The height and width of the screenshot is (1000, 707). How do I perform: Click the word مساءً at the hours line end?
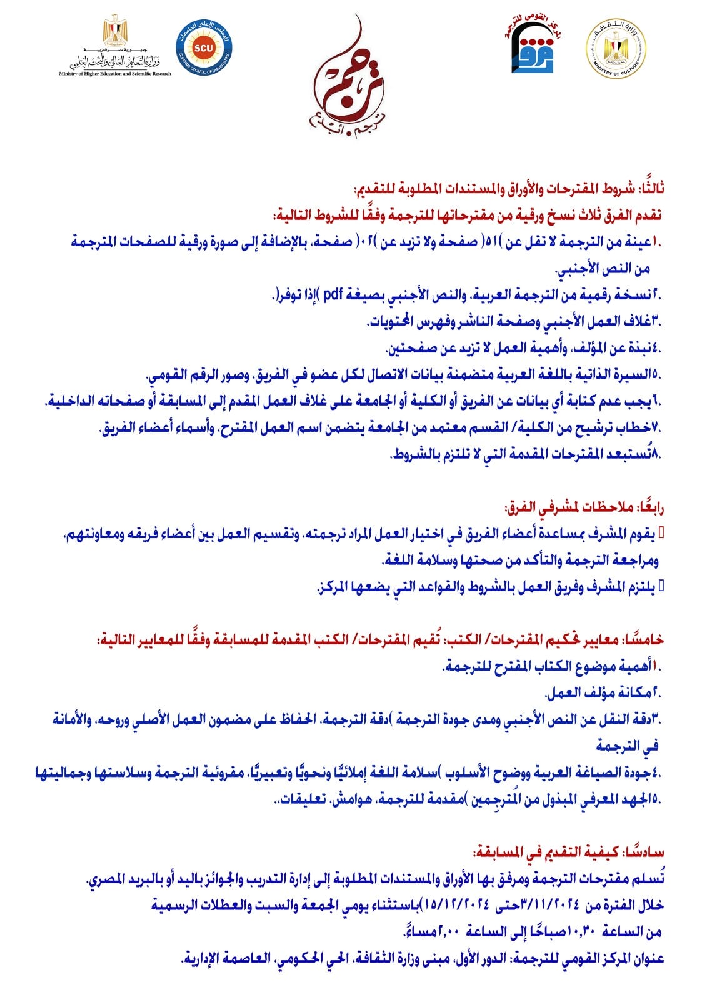pos(417,932)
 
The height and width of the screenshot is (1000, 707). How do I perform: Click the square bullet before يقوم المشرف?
pos(662,532)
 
